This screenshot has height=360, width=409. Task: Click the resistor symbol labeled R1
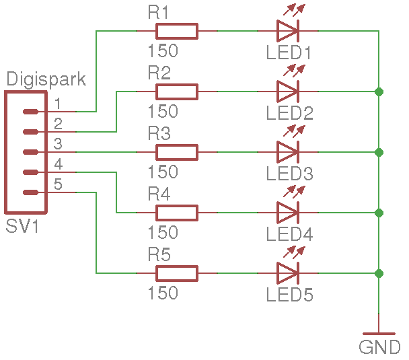177,31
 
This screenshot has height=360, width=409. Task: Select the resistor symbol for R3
177,152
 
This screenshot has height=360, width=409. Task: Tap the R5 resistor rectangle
177,273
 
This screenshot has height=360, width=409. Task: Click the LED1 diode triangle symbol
288,31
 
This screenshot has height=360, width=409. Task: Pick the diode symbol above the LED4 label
288,213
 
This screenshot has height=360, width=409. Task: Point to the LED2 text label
289,113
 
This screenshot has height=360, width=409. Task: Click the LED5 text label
289,295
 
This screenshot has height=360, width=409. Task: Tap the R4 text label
159,194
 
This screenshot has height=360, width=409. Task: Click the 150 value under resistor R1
163,51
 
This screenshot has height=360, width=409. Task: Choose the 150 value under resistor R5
163,293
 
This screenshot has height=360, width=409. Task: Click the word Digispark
46,79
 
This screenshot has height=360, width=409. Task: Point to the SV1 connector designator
22,227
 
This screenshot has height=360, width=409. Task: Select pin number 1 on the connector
59,104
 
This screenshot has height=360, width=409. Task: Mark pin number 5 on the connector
59,184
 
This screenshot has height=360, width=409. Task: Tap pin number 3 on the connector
59,144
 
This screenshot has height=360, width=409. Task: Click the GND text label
379,348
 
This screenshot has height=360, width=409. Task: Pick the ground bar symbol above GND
379,333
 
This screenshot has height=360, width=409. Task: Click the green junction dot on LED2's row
379,92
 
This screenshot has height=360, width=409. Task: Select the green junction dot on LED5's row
379,273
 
